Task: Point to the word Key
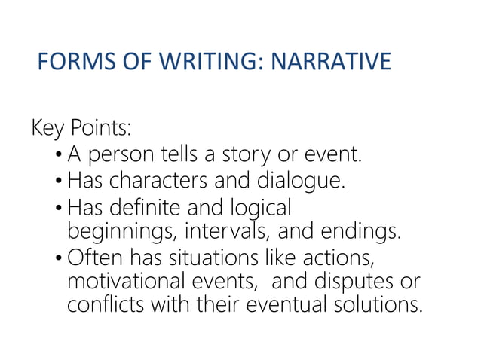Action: tap(49, 129)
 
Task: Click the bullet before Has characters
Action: tap(59, 182)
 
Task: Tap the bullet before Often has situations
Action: tap(59, 257)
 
